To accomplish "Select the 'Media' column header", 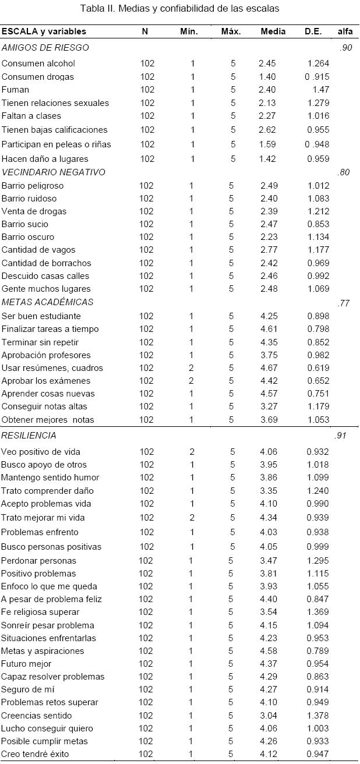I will point(273,31).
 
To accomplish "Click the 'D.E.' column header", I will point(313,31).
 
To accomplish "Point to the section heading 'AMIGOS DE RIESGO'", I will point(45,48).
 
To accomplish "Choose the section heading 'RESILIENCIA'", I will point(29,435).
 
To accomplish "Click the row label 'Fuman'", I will point(15,90).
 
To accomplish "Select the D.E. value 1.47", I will point(320,90).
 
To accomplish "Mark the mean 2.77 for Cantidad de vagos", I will point(269,250).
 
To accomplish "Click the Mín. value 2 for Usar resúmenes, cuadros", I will point(192,368).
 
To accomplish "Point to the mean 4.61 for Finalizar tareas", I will point(269,329).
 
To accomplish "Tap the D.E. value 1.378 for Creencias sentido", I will point(317,716).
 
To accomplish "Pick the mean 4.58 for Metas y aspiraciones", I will point(269,651).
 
